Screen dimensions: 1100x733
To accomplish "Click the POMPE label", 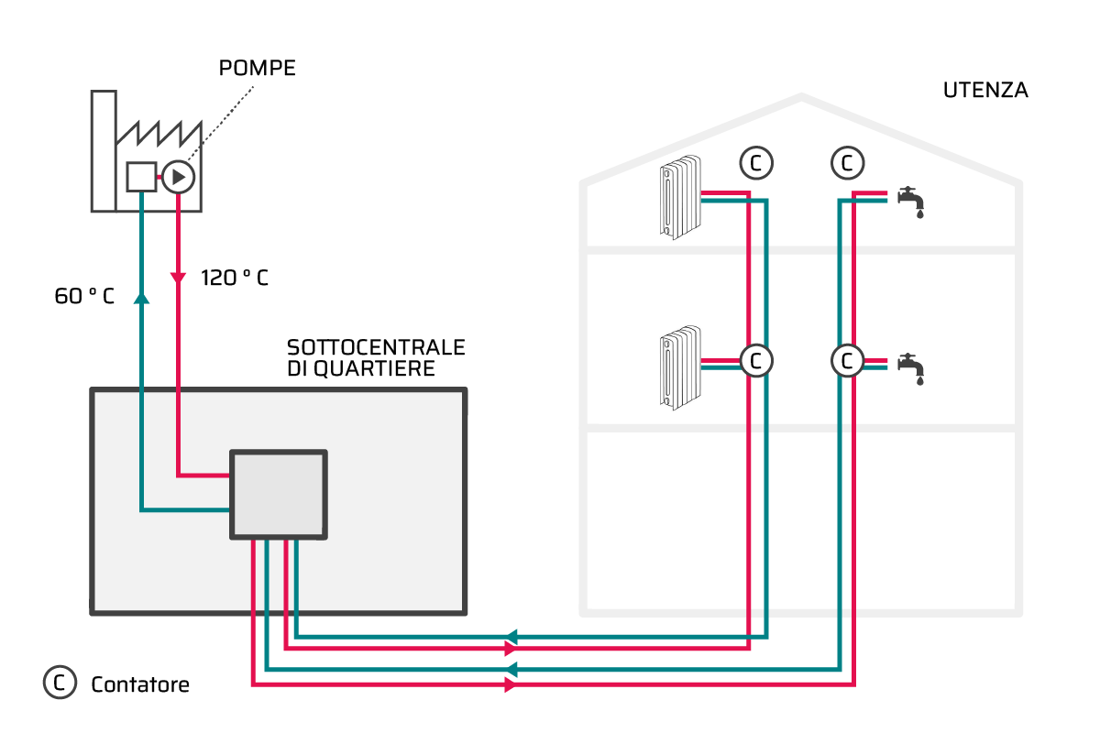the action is pos(258,68).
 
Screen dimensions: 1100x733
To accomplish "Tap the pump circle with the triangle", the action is pos(178,177).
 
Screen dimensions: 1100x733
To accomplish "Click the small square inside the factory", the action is pos(141,177).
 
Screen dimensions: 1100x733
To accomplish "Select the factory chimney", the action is pos(104,151).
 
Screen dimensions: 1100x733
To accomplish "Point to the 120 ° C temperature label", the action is pos(235,278).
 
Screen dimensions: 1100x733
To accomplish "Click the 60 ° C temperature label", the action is pos(84,296).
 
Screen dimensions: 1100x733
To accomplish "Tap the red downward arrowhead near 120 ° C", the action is pos(178,279).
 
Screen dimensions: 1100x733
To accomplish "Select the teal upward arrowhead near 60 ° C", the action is pos(141,298).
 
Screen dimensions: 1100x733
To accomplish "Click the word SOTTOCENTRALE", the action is pos(376,347).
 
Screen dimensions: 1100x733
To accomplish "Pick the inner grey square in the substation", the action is pos(279,495).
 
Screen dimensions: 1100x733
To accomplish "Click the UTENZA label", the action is pos(985,91).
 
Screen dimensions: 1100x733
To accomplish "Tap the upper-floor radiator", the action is pos(680,197).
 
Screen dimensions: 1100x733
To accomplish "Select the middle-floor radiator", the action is pos(680,367).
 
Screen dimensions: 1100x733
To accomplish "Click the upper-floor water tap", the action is pos(911,202).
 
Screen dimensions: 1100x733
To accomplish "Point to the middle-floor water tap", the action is pos(911,368).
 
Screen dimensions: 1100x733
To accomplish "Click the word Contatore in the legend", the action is pos(140,684).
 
